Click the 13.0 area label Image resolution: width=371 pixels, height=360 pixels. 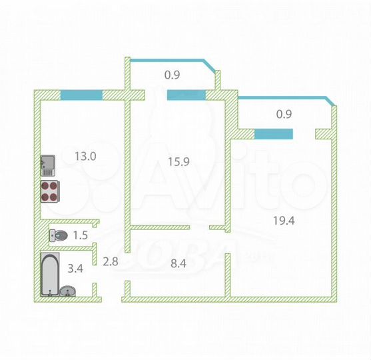point(86,157)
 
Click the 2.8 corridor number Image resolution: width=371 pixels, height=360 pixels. point(109,261)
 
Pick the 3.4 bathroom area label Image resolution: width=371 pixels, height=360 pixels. point(76,269)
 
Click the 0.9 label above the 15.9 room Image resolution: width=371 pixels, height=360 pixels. point(172,75)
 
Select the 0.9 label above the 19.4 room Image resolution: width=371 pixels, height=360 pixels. point(284,114)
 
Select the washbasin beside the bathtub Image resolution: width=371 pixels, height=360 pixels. point(69,291)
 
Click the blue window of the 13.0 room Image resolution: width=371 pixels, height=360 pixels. point(81,95)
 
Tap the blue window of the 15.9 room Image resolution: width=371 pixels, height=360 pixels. point(186,95)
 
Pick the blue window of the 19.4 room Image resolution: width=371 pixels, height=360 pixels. point(273,133)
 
